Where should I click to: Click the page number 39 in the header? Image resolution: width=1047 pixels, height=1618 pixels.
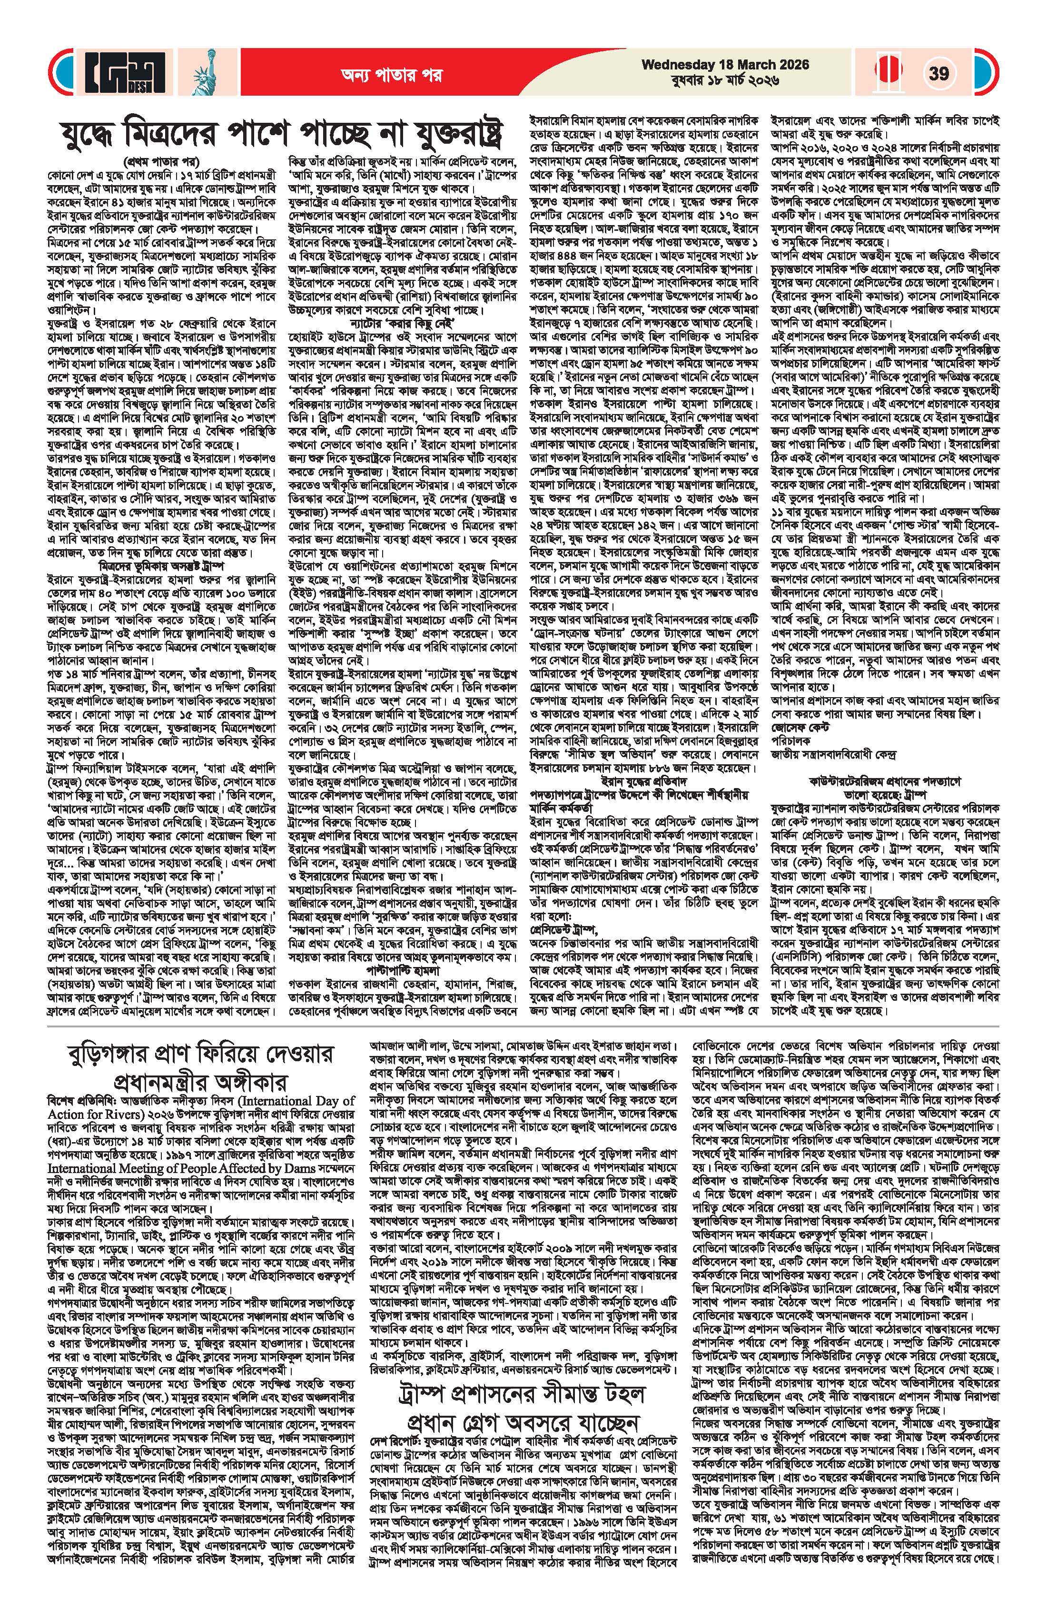click(939, 73)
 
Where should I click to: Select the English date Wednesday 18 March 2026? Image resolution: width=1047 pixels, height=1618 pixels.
click(725, 65)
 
